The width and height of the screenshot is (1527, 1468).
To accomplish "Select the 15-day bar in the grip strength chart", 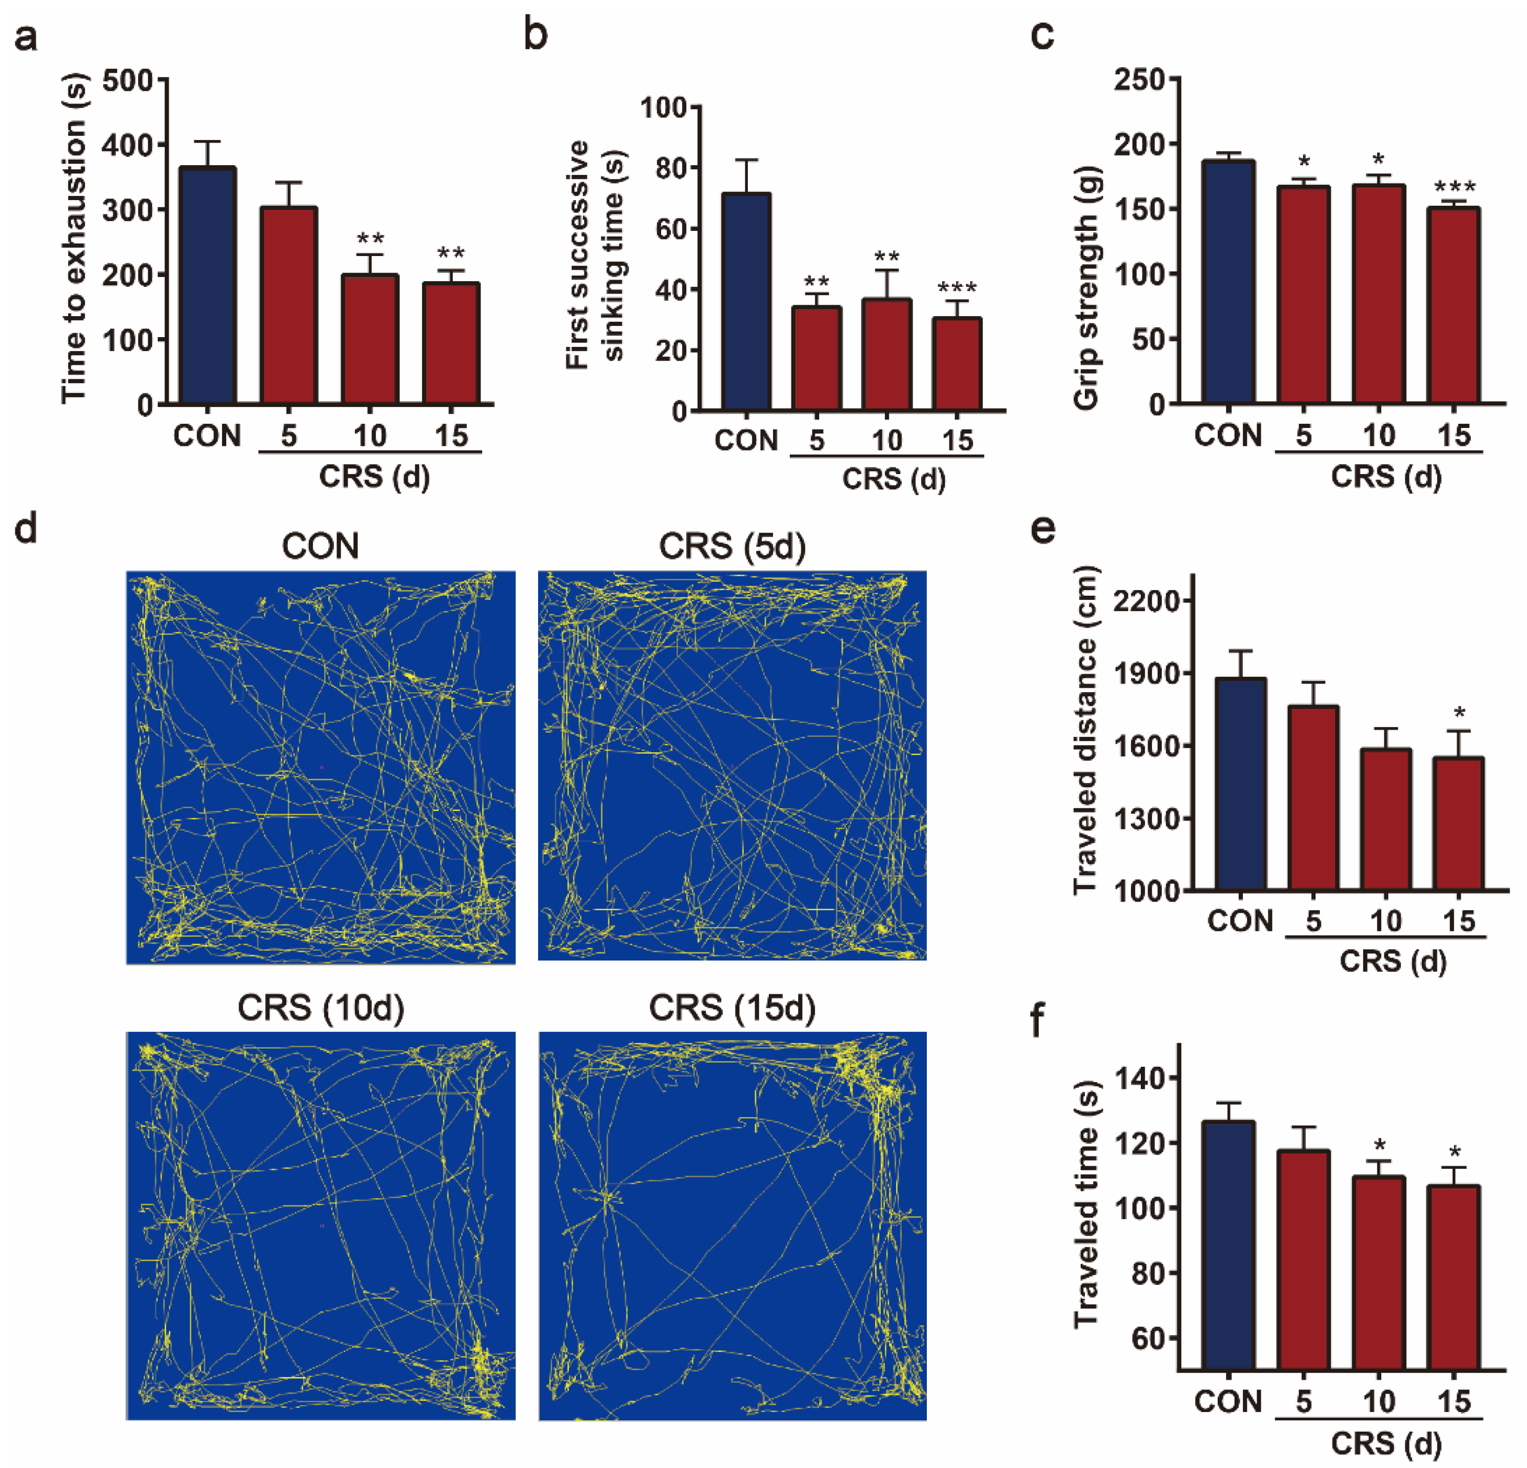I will coord(1454,305).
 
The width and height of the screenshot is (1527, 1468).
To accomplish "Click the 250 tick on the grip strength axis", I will coord(1140,80).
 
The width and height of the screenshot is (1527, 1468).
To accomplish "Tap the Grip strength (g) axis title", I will coord(1085,288).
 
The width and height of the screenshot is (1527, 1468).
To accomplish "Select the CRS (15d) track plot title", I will coord(732,1008).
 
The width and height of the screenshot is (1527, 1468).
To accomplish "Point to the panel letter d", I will coord(26,529).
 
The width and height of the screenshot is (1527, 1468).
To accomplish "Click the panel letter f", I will coord(1037,1022).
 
